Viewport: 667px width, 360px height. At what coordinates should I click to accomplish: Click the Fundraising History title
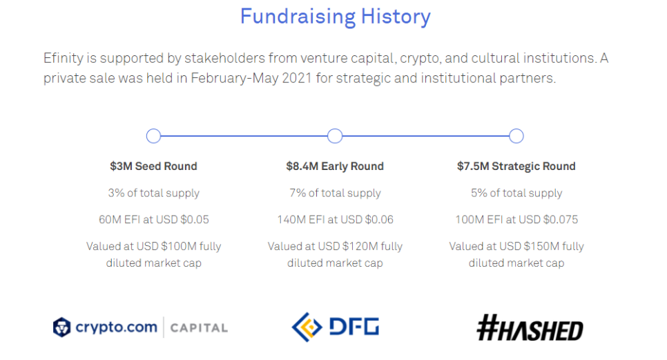335,17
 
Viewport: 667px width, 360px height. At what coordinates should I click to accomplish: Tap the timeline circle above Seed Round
153,129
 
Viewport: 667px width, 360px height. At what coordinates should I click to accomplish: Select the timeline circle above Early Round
335,129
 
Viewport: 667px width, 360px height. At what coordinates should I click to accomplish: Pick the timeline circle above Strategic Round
516,129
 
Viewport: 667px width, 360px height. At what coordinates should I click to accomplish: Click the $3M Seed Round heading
153,166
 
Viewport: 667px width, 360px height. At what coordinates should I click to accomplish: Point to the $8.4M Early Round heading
335,166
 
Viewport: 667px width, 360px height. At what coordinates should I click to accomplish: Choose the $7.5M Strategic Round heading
516,167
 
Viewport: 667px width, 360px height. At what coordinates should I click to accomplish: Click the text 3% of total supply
153,193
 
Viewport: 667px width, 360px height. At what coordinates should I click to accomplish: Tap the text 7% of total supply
335,193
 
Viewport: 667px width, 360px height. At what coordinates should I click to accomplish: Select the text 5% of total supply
516,193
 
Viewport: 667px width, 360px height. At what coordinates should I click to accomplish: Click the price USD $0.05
182,220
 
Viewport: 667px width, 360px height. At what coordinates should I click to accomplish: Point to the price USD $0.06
367,220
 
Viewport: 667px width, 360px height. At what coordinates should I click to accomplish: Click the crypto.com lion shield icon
61,328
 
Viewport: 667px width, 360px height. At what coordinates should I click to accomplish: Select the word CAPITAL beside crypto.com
199,328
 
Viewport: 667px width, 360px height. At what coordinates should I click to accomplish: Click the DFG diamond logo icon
307,328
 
